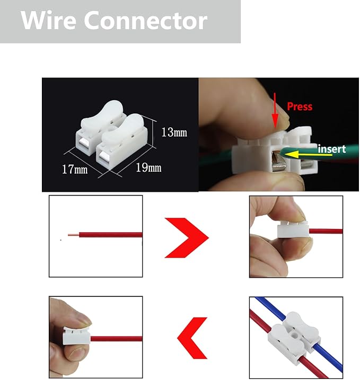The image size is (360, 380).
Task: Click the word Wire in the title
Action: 48,21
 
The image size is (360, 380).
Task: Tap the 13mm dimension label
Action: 174,132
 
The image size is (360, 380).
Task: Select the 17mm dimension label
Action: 74,170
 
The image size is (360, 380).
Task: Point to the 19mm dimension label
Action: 148,167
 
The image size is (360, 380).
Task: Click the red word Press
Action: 300,106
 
